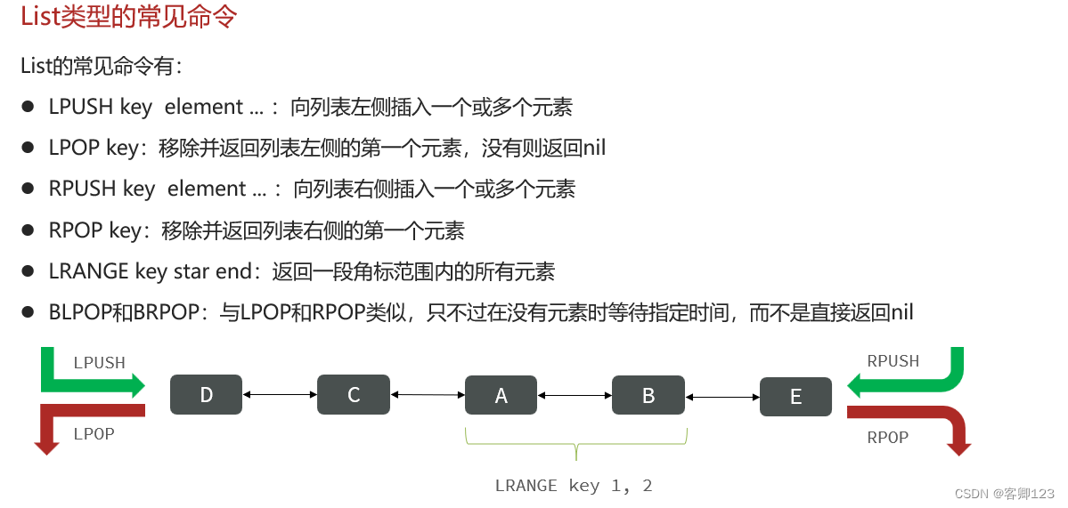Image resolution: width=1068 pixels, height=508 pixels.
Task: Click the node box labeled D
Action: (x=206, y=395)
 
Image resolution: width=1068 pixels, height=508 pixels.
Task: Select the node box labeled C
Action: (x=353, y=395)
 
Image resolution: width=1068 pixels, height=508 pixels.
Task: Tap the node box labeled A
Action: (x=501, y=395)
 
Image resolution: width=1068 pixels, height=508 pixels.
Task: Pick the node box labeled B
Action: (x=648, y=395)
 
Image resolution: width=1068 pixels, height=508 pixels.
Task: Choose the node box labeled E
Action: (x=795, y=396)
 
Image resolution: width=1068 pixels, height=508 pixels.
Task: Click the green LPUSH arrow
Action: (x=89, y=383)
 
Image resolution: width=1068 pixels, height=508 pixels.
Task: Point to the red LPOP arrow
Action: (x=80, y=412)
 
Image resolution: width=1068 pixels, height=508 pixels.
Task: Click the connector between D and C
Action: (x=280, y=394)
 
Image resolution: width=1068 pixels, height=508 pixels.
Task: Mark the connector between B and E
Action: (x=722, y=396)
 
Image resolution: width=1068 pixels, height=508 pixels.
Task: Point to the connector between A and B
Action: (x=575, y=395)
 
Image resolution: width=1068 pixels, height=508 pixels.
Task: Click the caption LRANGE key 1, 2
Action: (x=574, y=485)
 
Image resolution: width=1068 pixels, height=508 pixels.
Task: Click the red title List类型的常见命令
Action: (x=128, y=17)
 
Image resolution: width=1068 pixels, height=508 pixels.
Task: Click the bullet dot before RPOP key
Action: (x=28, y=230)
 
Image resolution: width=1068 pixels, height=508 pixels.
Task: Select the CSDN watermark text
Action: (x=1005, y=493)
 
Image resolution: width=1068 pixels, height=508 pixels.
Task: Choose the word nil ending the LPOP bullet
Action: (x=594, y=148)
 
